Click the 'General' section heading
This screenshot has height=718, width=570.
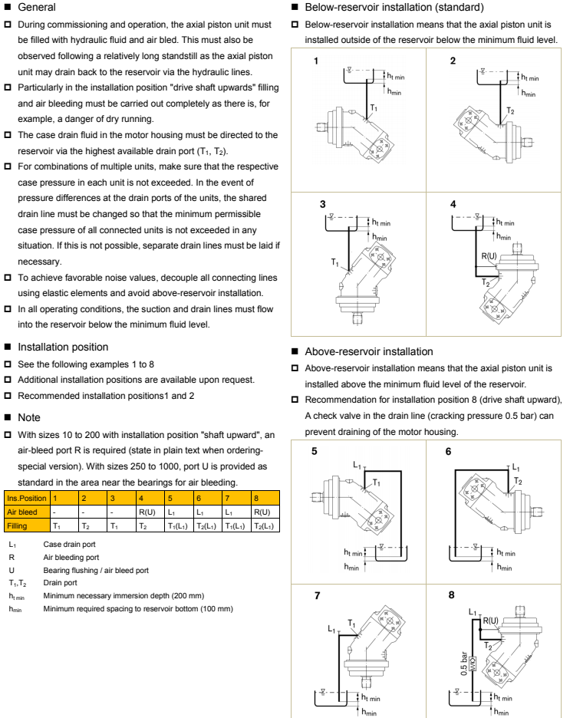[x=33, y=8]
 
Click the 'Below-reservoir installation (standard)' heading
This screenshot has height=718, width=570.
[x=380, y=8]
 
